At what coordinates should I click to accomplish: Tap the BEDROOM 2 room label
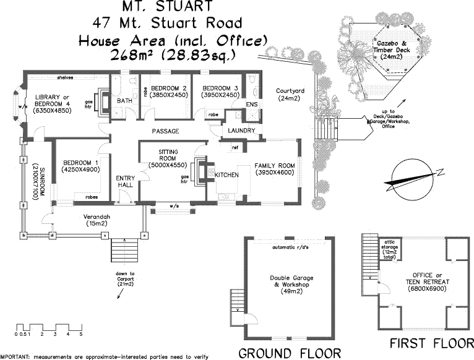(165, 87)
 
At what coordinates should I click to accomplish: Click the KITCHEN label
(226, 175)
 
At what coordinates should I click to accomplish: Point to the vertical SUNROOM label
(35, 176)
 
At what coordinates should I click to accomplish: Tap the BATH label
(124, 101)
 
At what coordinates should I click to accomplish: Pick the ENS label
(251, 105)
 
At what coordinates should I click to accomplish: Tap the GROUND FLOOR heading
(290, 353)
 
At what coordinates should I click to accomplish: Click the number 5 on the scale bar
(80, 334)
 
